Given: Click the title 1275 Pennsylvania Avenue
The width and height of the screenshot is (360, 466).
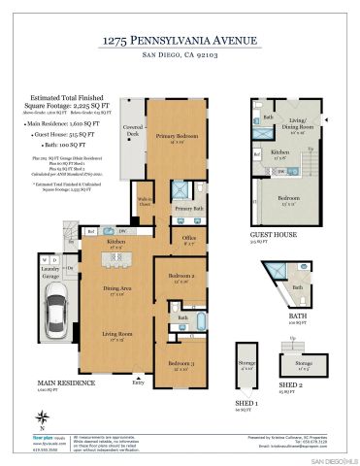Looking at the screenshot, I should pos(180,41).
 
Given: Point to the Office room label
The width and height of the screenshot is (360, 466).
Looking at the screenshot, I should pos(189,239).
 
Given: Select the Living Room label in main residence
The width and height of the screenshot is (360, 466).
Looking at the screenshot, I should pos(117,337).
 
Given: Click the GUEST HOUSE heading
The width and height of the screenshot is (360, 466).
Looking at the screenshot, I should pos(274,234).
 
